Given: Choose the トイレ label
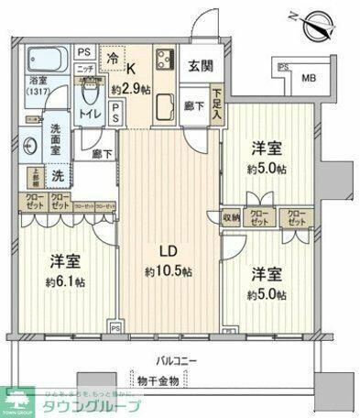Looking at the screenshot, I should pyautogui.click(x=91, y=114).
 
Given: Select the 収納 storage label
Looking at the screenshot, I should pyautogui.click(x=230, y=217).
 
